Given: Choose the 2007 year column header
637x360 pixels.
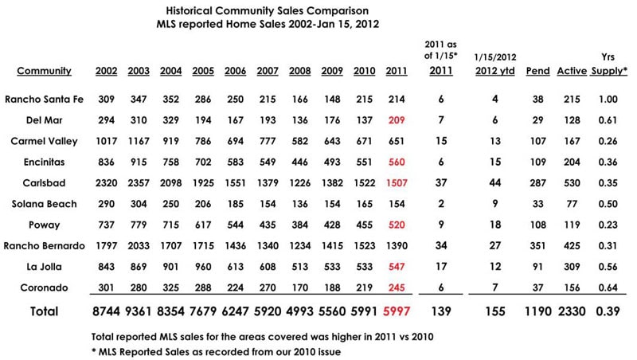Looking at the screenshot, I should [x=266, y=71].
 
